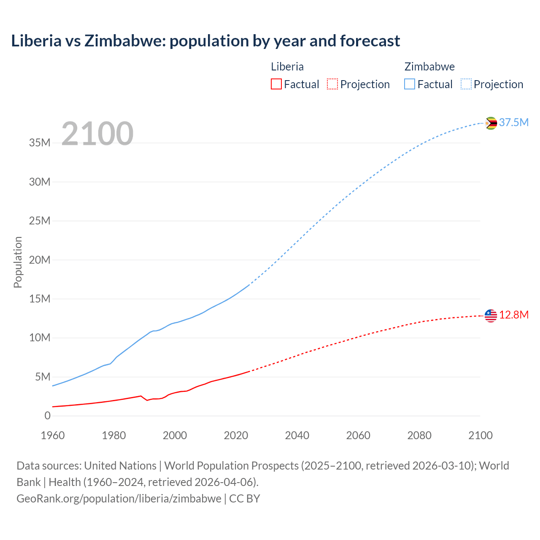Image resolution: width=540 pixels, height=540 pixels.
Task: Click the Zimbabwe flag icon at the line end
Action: click(491, 123)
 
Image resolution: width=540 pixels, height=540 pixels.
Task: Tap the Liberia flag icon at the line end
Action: click(491, 316)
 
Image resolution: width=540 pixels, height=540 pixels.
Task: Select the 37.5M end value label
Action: click(513, 122)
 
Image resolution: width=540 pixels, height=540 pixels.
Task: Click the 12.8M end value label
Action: click(514, 315)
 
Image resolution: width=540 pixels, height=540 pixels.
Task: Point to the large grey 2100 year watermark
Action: click(97, 134)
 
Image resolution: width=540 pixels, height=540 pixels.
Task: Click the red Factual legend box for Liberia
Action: click(276, 84)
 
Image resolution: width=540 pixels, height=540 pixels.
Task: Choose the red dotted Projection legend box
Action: click(332, 84)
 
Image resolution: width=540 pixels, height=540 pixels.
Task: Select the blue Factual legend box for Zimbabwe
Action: click(409, 84)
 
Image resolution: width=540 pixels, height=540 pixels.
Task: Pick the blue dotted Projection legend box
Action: click(466, 84)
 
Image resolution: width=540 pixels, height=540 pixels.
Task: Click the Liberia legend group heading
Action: click(287, 67)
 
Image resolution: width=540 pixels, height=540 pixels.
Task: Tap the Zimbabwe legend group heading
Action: click(429, 67)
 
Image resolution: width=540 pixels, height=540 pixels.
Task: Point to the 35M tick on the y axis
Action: click(40, 143)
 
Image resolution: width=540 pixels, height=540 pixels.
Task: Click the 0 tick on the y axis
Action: click(47, 416)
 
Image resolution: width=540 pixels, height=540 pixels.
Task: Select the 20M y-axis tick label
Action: click(40, 260)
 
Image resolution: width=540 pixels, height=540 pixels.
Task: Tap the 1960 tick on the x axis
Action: click(53, 435)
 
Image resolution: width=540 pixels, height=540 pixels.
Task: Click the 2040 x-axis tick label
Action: click(297, 435)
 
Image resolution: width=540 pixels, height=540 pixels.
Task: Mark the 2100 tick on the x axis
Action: click(480, 435)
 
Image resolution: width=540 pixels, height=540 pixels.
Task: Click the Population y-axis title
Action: click(18, 262)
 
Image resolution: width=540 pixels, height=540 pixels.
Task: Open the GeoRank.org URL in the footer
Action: click(119, 498)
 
